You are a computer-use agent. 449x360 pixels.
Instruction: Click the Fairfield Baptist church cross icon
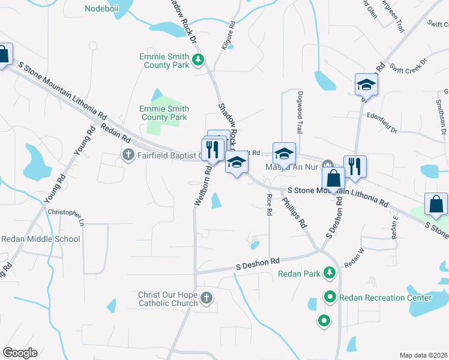click(x=128, y=156)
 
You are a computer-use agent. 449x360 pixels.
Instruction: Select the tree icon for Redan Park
click(x=329, y=274)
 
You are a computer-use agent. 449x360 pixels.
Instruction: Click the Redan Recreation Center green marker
click(x=330, y=297)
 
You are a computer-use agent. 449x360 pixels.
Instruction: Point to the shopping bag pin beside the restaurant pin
click(x=333, y=178)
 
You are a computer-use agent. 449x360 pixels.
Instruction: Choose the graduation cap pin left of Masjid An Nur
click(x=285, y=154)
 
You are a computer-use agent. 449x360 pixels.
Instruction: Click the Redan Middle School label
click(x=41, y=239)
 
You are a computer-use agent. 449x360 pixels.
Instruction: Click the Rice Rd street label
click(x=269, y=203)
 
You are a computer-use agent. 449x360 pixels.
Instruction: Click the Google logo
click(x=20, y=353)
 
